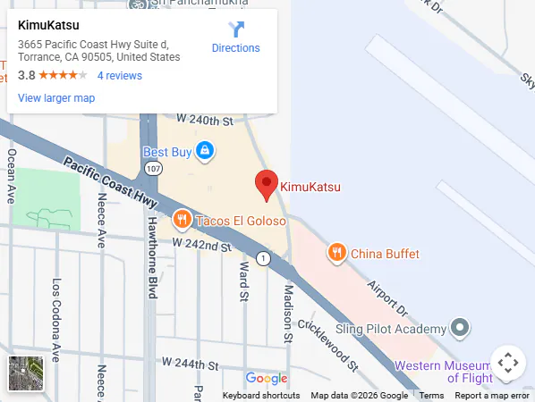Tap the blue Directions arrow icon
pyautogui.click(x=236, y=29)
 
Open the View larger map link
pyautogui.click(x=56, y=98)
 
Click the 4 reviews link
pyautogui.click(x=120, y=76)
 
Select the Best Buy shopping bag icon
pyautogui.click(x=205, y=151)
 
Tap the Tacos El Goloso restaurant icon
pyautogui.click(x=182, y=220)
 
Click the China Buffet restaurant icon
pyautogui.click(x=336, y=253)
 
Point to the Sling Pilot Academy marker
pyautogui.click(x=460, y=328)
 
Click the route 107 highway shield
pyautogui.click(x=154, y=168)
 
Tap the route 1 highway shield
pyautogui.click(x=263, y=258)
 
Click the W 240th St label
pyautogui.click(x=204, y=119)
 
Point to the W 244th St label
pyautogui.click(x=191, y=364)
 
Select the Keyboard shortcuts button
pyautogui.click(x=261, y=396)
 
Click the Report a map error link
pyautogui.click(x=492, y=396)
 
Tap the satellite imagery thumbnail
pyautogui.click(x=26, y=373)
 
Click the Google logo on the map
pyautogui.click(x=267, y=379)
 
